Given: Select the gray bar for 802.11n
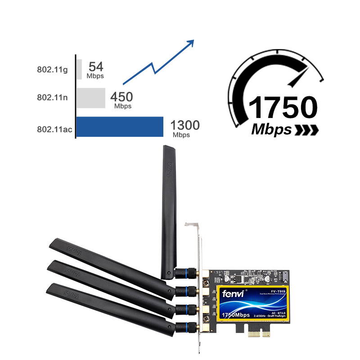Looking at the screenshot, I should [x=90, y=98].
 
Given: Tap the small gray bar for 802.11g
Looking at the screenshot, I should [x=79, y=69].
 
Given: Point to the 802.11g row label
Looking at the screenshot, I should [x=52, y=70].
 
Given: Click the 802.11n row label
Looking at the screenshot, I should [x=52, y=98].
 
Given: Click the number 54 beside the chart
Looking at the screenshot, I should [x=96, y=67].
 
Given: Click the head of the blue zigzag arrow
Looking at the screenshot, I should [x=191, y=42].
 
